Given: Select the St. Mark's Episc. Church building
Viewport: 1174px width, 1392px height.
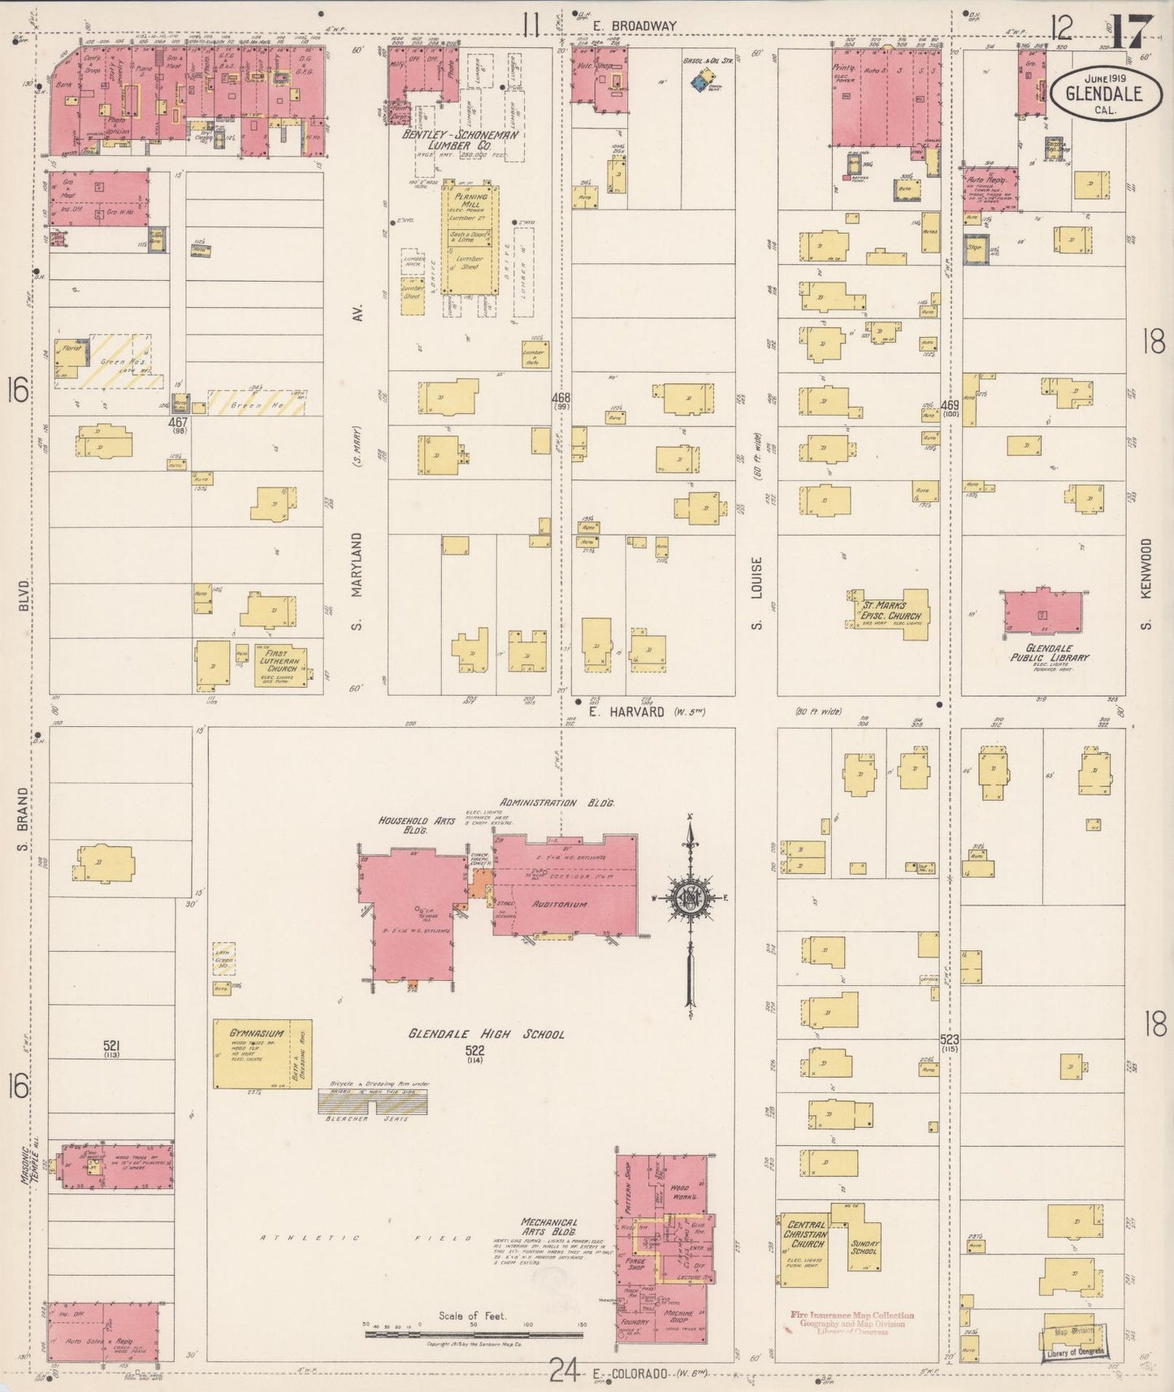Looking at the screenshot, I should pyautogui.click(x=890, y=614).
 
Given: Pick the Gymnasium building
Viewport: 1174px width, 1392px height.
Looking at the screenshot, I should pyautogui.click(x=262, y=1053).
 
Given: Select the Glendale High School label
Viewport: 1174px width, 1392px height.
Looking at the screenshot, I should pyautogui.click(x=486, y=1034).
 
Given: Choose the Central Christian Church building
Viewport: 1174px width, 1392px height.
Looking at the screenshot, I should pyautogui.click(x=804, y=1250).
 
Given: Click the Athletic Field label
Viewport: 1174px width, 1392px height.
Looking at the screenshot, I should pyautogui.click(x=366, y=1239).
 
